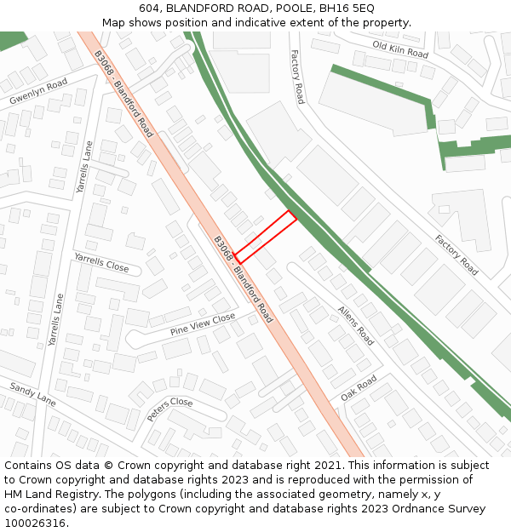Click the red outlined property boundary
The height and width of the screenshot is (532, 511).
pos(266,237)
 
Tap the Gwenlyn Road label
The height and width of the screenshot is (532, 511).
pos(38,93)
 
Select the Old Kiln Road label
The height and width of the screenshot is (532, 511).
pos(399,49)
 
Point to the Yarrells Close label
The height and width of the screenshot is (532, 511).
pos(101,261)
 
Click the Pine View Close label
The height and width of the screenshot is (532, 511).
pos(202,324)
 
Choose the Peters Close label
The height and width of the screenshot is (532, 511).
pos(169,409)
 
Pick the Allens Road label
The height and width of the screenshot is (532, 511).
pos(355,325)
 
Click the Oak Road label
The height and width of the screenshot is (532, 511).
pos(359,388)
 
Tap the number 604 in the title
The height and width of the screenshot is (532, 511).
pos(149,8)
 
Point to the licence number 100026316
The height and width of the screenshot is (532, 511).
pos(35,523)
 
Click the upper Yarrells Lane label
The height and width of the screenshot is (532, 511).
pos(83,167)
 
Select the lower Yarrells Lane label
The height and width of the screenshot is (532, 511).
pos(55,319)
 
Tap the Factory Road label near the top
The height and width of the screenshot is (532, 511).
pos(296,77)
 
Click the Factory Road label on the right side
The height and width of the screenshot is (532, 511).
pos(456,255)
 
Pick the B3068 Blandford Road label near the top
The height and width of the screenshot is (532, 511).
pos(123,94)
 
